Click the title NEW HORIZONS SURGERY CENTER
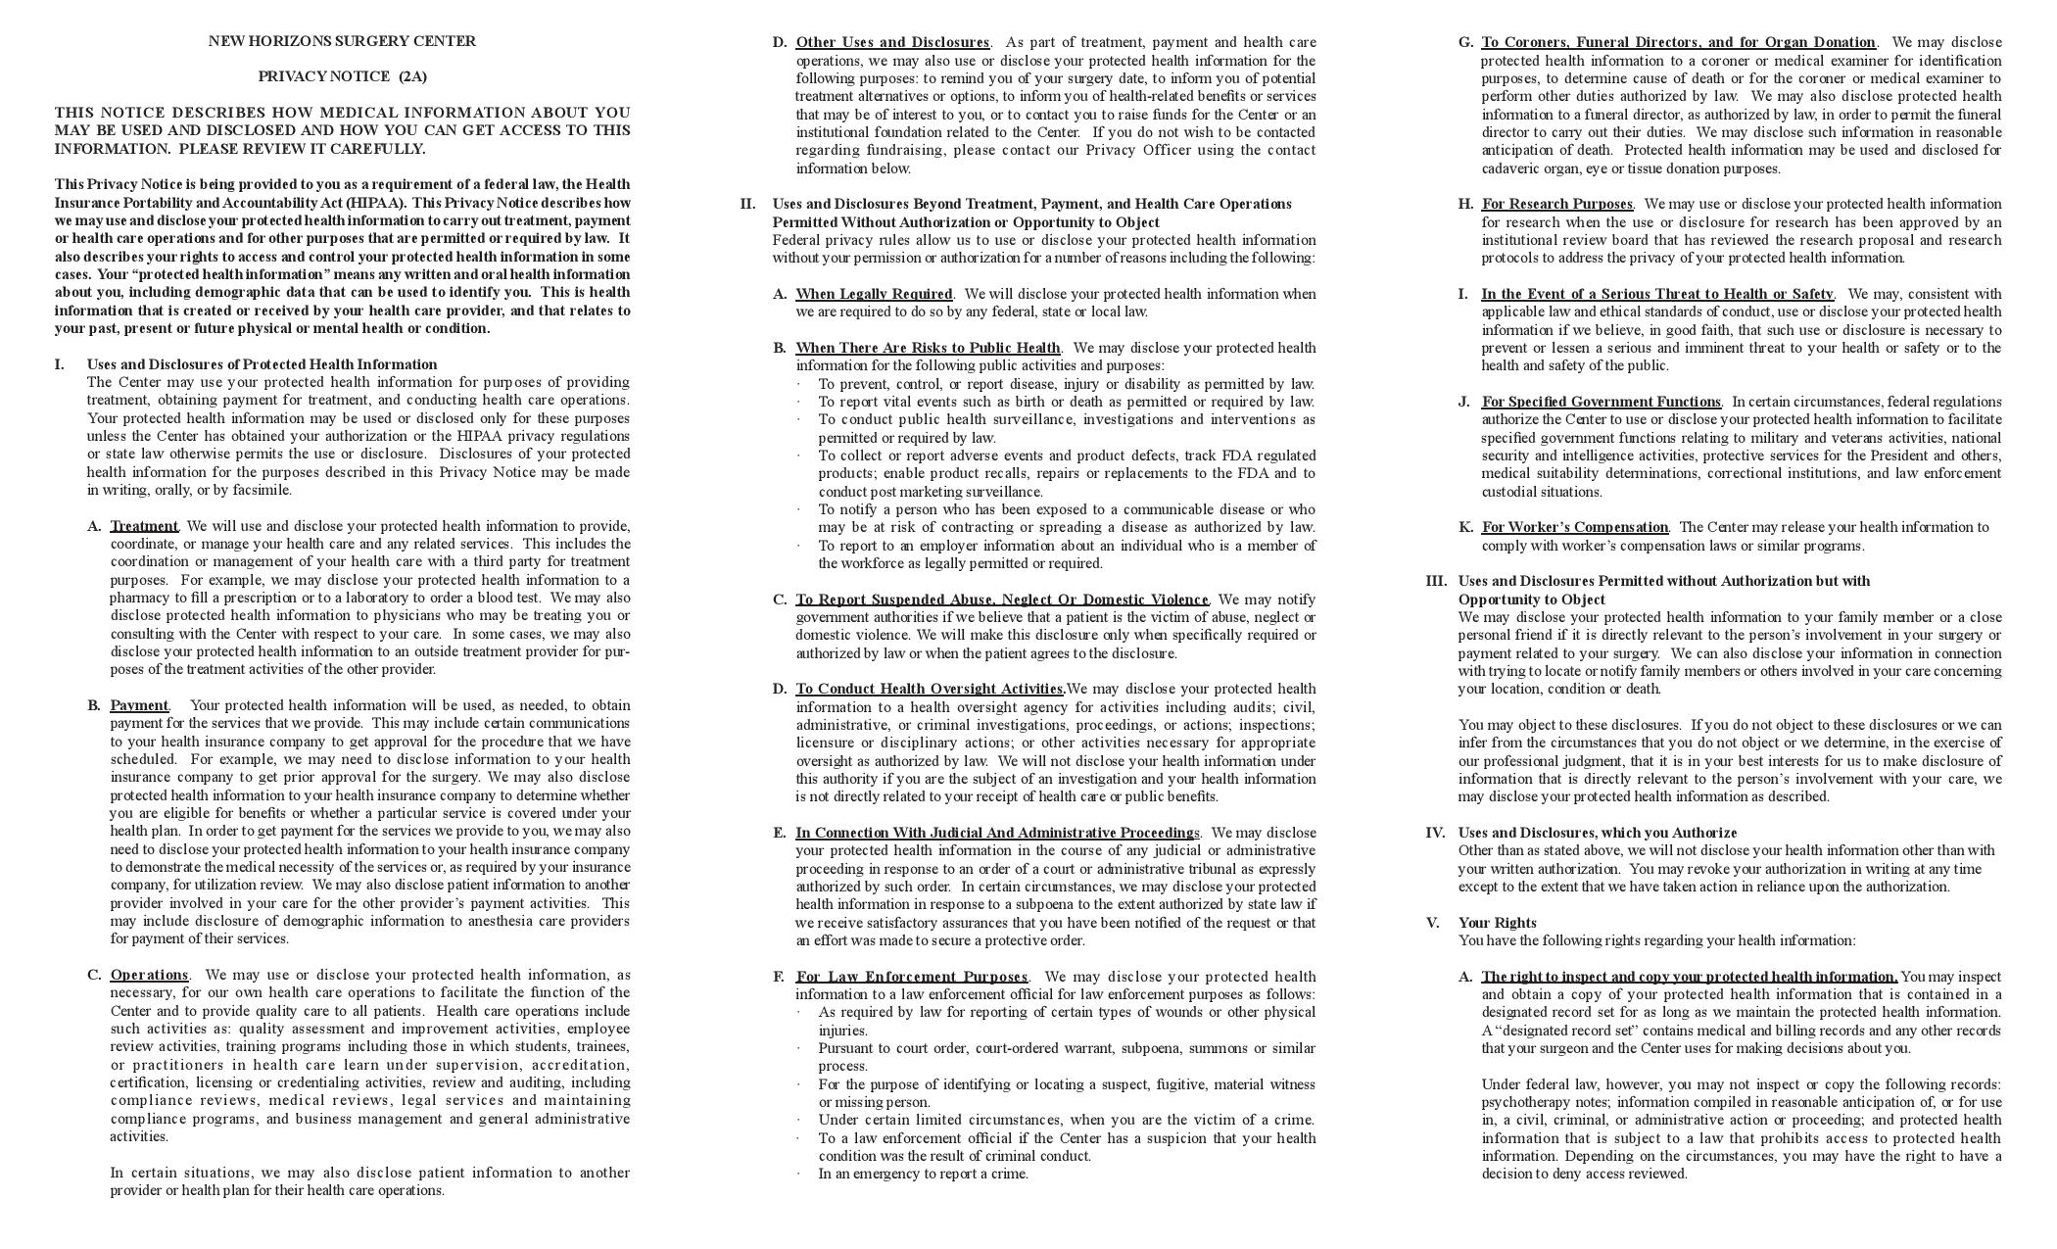[342, 41]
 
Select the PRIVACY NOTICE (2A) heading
[342, 76]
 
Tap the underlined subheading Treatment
[144, 526]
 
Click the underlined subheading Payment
[139, 705]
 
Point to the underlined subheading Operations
[149, 975]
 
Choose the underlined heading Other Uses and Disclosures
[892, 42]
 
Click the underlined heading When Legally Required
[874, 294]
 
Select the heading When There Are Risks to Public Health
[928, 348]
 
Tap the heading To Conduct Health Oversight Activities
[930, 689]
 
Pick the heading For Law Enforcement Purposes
[911, 977]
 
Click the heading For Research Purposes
[1556, 204]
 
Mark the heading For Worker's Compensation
[1574, 527]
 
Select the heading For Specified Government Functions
[1601, 402]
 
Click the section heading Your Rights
[1497, 923]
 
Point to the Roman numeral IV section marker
[1435, 833]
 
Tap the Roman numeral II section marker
[747, 204]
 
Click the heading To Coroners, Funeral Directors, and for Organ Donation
[1678, 42]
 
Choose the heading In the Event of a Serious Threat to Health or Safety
[1656, 294]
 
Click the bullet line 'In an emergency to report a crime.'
[923, 1174]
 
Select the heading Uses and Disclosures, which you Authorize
[1597, 833]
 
